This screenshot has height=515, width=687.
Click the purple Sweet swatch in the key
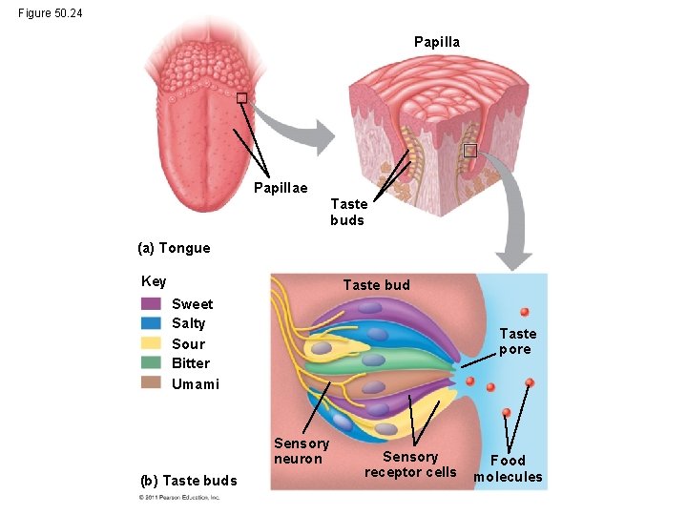151,304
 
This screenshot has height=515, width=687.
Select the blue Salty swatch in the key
151,323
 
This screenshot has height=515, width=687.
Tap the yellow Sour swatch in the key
151,343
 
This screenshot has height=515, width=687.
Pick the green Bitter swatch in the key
151,363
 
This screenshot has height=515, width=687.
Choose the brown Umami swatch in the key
151,383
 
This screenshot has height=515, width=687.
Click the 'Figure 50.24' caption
50,13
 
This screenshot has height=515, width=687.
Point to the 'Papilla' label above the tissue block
436,42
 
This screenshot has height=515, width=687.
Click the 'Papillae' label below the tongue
281,188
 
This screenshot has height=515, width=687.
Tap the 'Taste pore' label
518,341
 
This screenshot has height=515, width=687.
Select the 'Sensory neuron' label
302,451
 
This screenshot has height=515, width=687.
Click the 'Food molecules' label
508,468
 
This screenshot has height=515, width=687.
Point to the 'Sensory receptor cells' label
410,464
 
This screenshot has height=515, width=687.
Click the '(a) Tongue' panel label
174,248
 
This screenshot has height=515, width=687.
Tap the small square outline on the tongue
241,98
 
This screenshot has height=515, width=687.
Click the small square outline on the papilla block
469,151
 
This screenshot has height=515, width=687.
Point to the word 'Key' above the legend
154,281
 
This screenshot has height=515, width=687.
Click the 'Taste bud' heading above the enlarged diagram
376,285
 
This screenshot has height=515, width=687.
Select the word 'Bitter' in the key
191,363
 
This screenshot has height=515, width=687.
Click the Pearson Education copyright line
179,497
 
